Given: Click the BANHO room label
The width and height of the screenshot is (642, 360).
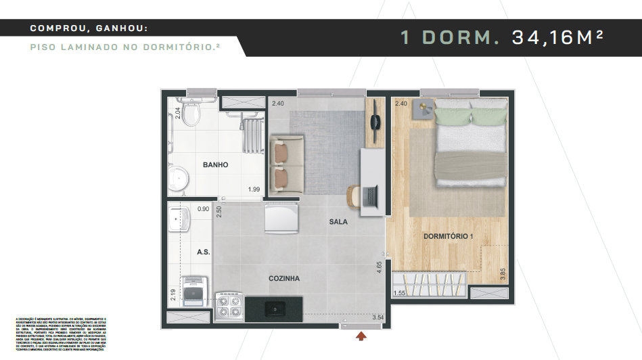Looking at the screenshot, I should (x=215, y=164).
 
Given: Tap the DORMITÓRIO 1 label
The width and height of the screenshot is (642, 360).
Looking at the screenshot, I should (x=449, y=236).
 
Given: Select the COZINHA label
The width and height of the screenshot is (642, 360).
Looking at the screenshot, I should (x=283, y=278).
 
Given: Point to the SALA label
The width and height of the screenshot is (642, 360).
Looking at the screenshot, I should (x=338, y=222).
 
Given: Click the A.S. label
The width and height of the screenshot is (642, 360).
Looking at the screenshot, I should (x=202, y=252).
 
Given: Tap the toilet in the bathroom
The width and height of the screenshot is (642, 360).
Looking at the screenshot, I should (x=191, y=116).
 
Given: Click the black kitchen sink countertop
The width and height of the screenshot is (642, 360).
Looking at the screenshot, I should (x=273, y=309).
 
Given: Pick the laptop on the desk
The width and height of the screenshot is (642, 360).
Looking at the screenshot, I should (x=370, y=196).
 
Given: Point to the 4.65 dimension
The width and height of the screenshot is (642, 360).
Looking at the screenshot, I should (x=380, y=267).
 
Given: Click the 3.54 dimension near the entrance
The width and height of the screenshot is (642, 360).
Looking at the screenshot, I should (x=377, y=316).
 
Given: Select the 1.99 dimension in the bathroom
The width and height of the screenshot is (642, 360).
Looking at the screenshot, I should (x=254, y=189).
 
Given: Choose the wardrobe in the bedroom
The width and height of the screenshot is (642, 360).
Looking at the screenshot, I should (x=430, y=284).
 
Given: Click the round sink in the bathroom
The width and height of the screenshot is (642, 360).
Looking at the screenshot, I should (x=179, y=179).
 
